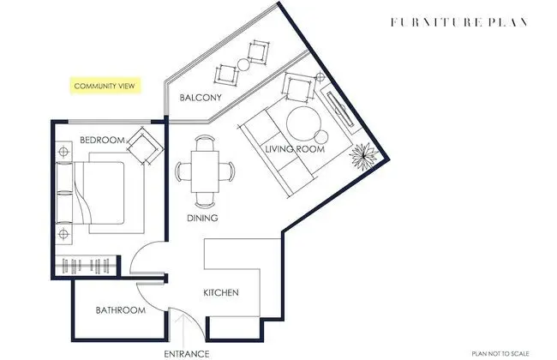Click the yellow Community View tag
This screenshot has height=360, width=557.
[105, 86]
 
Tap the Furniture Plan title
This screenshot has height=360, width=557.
[458, 22]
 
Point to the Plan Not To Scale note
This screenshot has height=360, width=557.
[500, 354]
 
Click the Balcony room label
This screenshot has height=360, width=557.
[201, 98]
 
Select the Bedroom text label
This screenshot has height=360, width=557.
[102, 140]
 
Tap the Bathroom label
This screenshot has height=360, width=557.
[121, 310]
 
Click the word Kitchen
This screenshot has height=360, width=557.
[221, 293]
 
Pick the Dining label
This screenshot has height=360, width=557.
[202, 218]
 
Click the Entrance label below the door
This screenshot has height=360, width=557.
[187, 354]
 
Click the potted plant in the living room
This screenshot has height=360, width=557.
[363, 156]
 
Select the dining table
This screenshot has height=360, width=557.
[205, 171]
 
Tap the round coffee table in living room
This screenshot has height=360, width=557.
[303, 123]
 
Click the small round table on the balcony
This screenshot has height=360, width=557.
[243, 64]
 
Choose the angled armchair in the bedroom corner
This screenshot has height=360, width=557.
[146, 146]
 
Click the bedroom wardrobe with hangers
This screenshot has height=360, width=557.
[86, 266]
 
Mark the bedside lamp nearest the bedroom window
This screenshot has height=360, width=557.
[63, 152]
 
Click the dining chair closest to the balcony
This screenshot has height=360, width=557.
[205, 142]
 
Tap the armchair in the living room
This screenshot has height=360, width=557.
[299, 87]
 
